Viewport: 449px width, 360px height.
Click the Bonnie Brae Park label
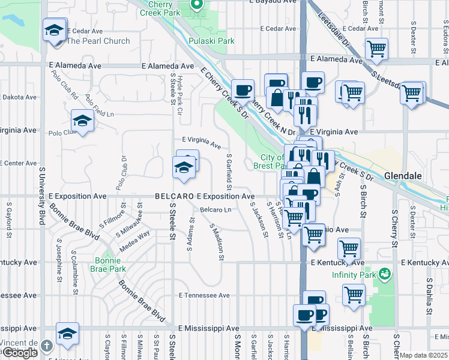(x=110, y=265)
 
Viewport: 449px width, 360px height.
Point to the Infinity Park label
(x=354, y=275)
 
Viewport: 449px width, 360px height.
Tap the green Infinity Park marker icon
(x=384, y=275)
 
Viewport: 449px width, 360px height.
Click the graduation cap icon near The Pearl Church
(x=54, y=31)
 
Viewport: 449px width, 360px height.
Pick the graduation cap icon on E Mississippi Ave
(x=67, y=334)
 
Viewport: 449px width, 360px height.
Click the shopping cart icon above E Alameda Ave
(x=376, y=49)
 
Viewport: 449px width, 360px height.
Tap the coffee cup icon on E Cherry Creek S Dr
(x=243, y=91)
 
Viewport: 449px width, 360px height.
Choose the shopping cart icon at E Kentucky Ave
(x=349, y=248)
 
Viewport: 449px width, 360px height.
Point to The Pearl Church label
(x=98, y=41)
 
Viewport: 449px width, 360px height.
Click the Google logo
(x=20, y=353)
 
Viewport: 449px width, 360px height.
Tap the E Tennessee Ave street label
(x=204, y=295)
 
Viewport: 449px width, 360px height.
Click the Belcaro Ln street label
(x=215, y=210)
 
